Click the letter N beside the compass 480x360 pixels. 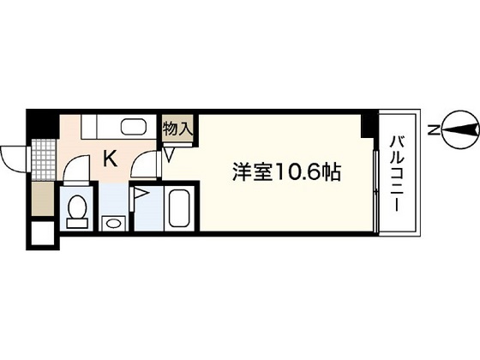435,131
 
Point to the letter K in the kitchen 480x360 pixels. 111,158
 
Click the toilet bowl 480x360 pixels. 77,208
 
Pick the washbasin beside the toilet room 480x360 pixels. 113,223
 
